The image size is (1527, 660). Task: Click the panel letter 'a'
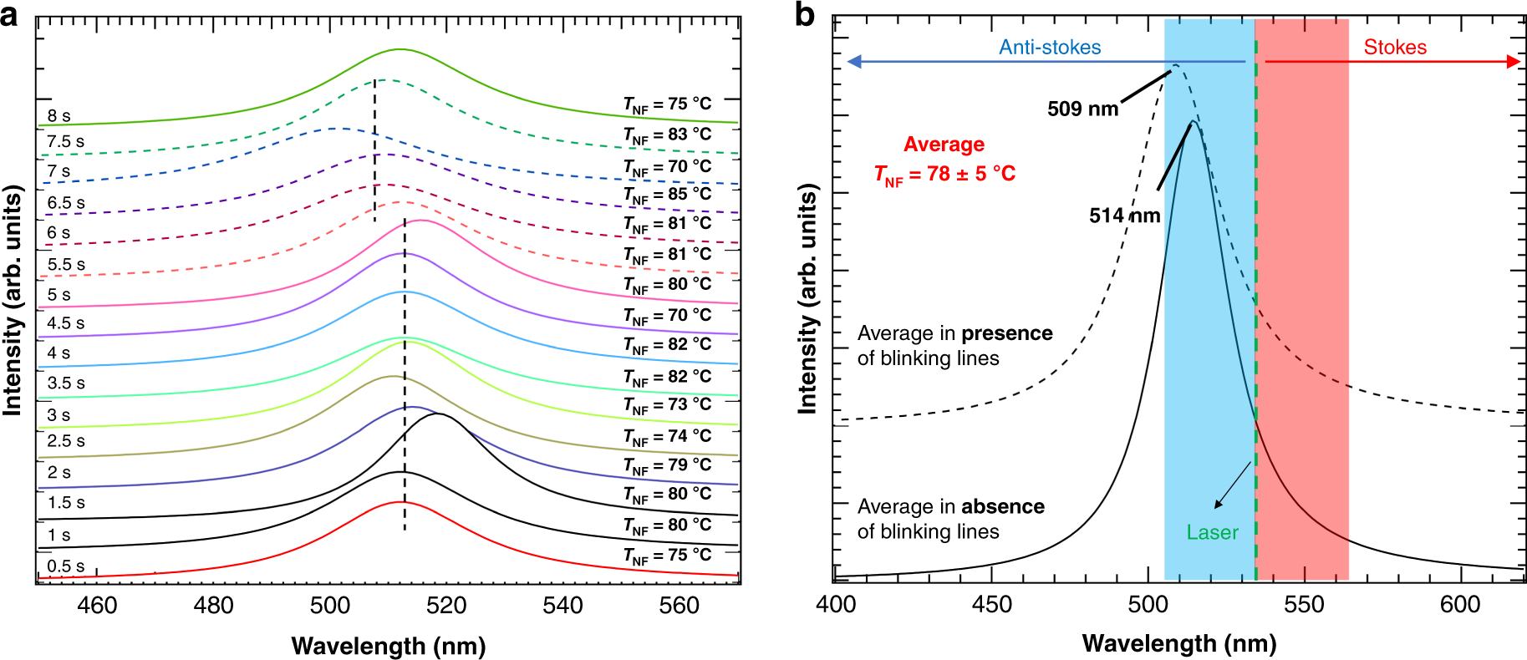point(9,14)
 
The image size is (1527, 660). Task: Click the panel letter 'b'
point(804,14)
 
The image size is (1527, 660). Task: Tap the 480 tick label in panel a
point(213,606)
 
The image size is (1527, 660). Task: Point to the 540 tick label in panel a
point(562,606)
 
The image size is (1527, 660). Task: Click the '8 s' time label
point(59,116)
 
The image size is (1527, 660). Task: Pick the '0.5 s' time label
point(66,566)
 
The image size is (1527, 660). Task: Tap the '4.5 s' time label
point(66,323)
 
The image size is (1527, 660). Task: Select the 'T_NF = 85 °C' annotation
point(667,195)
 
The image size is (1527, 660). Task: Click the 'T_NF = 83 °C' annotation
point(667,135)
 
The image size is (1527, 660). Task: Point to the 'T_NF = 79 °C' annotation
point(667,465)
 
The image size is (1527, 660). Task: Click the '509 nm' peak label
point(1082,109)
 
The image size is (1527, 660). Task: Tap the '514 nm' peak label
point(1124,216)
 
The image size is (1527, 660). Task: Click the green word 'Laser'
point(1212,532)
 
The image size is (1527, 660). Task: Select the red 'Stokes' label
point(1395,48)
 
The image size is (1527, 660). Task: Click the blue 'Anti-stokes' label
point(1050,48)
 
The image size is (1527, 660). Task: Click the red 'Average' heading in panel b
point(944,145)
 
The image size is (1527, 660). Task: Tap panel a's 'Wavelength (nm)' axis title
point(389,646)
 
